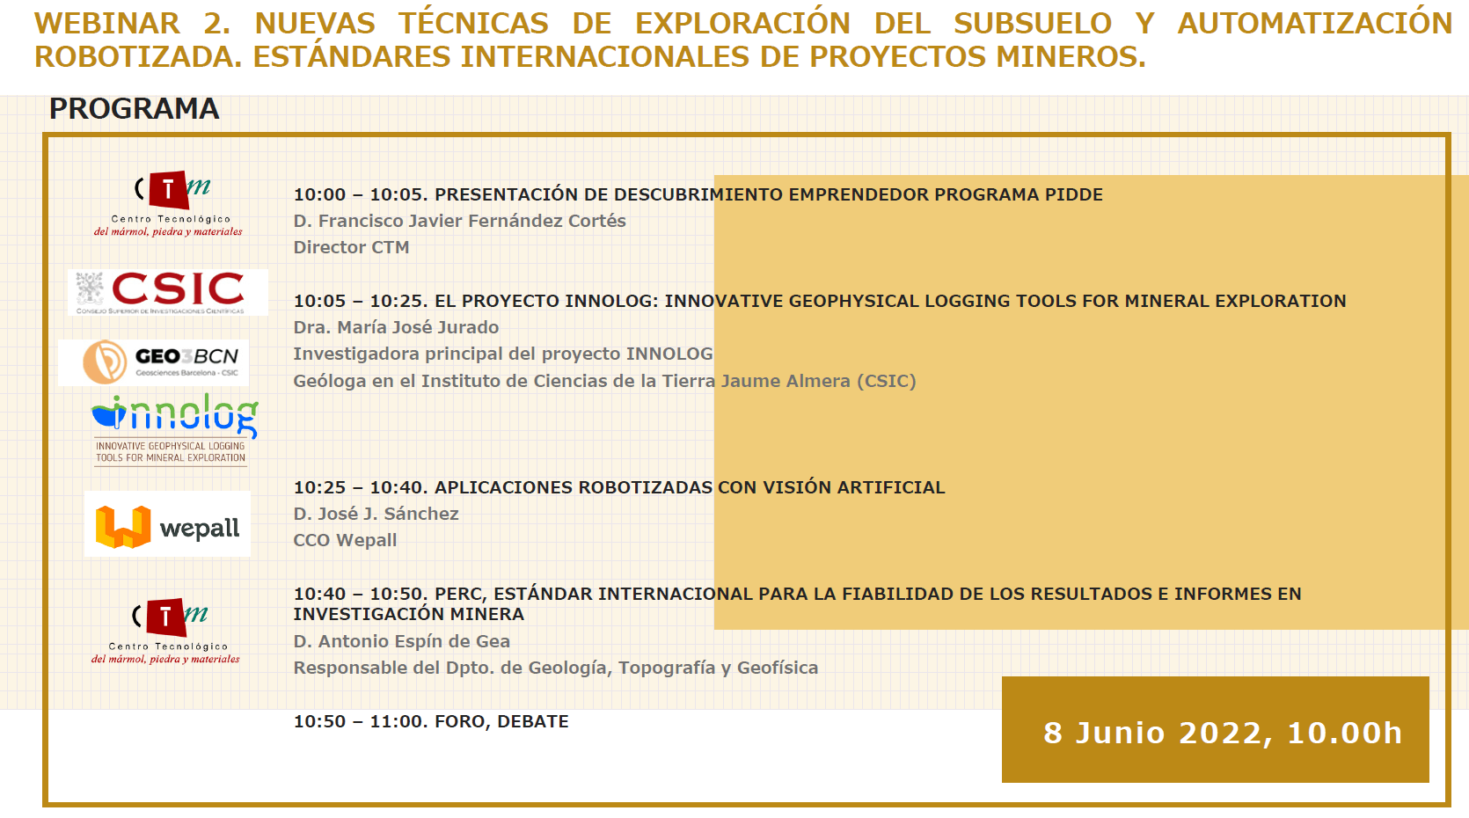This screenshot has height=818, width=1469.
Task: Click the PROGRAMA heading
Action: (134, 109)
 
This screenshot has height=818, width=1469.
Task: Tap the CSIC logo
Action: (168, 293)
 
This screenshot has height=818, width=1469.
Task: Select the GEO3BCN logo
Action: (153, 362)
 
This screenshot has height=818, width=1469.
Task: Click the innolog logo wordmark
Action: (175, 416)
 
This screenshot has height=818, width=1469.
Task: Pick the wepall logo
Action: (167, 524)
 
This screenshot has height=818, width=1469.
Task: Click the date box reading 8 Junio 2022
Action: (1215, 729)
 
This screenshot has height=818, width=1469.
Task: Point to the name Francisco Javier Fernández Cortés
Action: (472, 221)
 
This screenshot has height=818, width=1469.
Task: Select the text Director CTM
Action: (351, 247)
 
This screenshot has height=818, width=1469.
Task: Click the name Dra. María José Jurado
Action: (396, 327)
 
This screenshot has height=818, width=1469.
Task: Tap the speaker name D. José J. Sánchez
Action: (376, 514)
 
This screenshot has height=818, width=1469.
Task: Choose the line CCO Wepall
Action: (345, 541)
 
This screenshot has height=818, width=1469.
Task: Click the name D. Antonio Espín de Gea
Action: (401, 641)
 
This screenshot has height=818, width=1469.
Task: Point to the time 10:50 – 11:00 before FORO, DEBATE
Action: (360, 721)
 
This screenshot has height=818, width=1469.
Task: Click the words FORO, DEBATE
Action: (501, 721)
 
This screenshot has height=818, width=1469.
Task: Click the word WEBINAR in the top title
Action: (107, 24)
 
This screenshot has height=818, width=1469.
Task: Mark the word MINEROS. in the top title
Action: (1071, 56)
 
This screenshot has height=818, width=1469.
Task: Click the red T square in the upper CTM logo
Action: (169, 190)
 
